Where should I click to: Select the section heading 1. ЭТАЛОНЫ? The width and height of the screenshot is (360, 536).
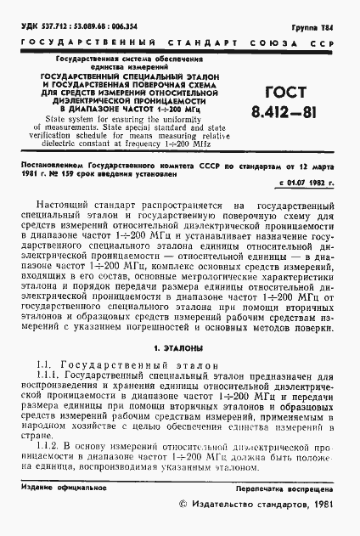[x=179, y=348]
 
